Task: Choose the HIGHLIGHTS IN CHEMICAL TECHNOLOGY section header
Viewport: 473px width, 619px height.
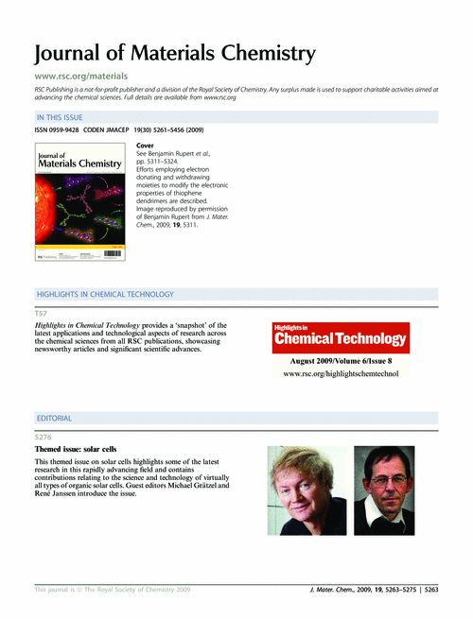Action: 104,295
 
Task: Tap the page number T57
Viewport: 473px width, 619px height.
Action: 41,312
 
